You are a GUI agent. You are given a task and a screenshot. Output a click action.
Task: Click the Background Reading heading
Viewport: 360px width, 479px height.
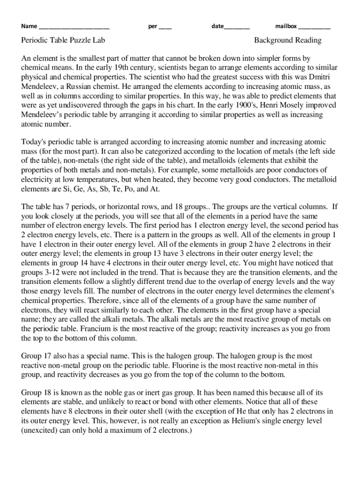288,40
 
